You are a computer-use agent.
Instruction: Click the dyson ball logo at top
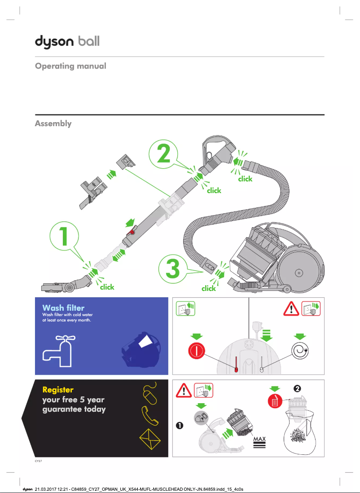(67, 42)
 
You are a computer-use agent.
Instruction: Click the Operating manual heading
(70, 66)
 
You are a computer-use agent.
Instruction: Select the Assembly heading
(53, 123)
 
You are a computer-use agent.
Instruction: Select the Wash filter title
(63, 308)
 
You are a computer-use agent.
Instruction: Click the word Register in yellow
(57, 390)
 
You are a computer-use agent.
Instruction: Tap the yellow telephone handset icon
(150, 416)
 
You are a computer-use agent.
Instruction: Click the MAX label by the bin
(259, 439)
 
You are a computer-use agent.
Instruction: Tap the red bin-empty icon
(274, 401)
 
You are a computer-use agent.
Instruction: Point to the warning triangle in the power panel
(292, 309)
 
